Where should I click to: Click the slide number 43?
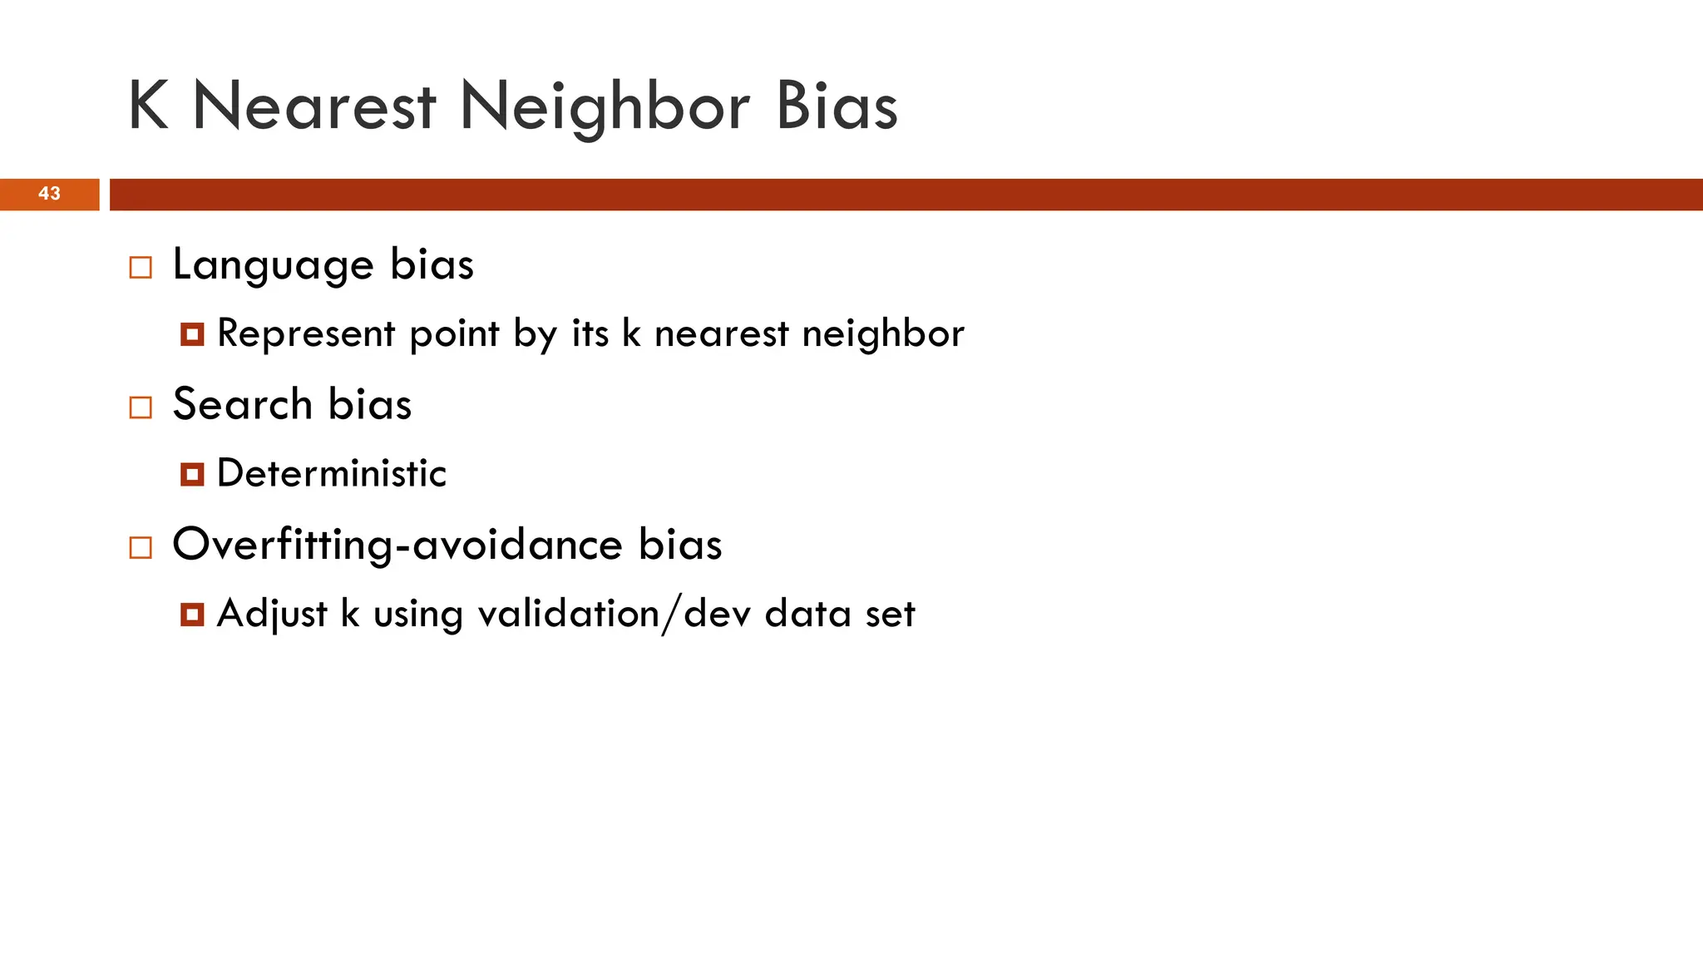click(x=49, y=194)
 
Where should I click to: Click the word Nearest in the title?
click(x=313, y=106)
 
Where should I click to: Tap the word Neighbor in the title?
click(x=605, y=108)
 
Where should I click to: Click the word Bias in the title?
click(x=836, y=106)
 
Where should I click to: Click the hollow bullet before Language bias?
click(x=141, y=268)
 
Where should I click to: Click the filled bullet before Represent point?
click(x=192, y=335)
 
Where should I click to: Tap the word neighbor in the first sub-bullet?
click(x=883, y=334)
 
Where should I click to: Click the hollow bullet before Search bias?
click(x=141, y=407)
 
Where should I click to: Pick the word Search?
click(x=242, y=405)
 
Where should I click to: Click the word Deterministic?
click(x=331, y=474)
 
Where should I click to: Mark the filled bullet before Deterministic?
click(x=192, y=475)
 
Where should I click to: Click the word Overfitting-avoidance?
click(x=397, y=545)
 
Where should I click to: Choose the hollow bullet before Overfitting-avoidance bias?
click(x=141, y=547)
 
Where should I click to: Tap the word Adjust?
click(x=272, y=615)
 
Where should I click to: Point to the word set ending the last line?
click(x=890, y=615)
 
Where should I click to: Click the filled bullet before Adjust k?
click(x=192, y=615)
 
